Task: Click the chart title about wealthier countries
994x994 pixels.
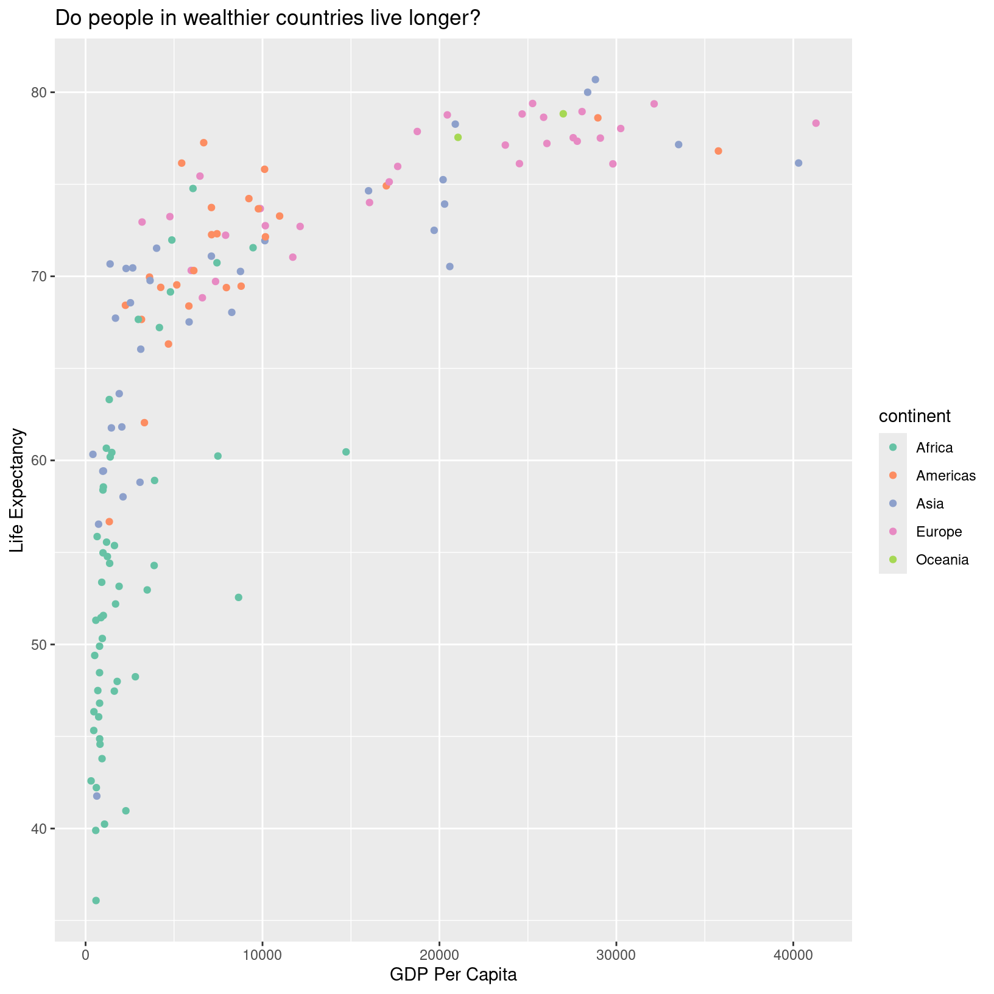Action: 268,19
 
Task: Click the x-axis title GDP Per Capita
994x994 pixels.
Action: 453,975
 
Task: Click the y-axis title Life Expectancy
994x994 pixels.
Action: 18,490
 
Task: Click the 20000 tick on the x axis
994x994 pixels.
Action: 439,953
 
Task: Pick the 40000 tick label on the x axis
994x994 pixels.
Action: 793,953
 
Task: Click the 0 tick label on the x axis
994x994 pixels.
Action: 85,953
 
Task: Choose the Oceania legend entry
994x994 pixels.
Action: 942,560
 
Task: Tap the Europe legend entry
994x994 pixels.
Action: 939,532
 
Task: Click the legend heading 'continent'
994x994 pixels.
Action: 914,417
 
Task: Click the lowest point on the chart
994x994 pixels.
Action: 96,900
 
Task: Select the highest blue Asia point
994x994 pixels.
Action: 595,80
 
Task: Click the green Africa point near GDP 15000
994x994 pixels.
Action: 346,452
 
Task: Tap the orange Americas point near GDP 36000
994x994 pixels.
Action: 718,151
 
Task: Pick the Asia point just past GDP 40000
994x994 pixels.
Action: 798,163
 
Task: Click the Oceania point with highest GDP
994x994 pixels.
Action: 563,114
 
